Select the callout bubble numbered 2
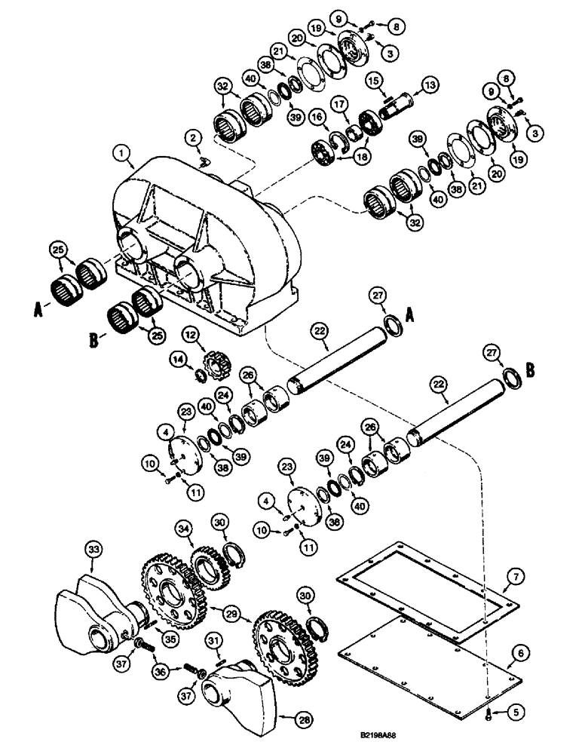(195, 138)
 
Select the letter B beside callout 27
(531, 370)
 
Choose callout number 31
(214, 641)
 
